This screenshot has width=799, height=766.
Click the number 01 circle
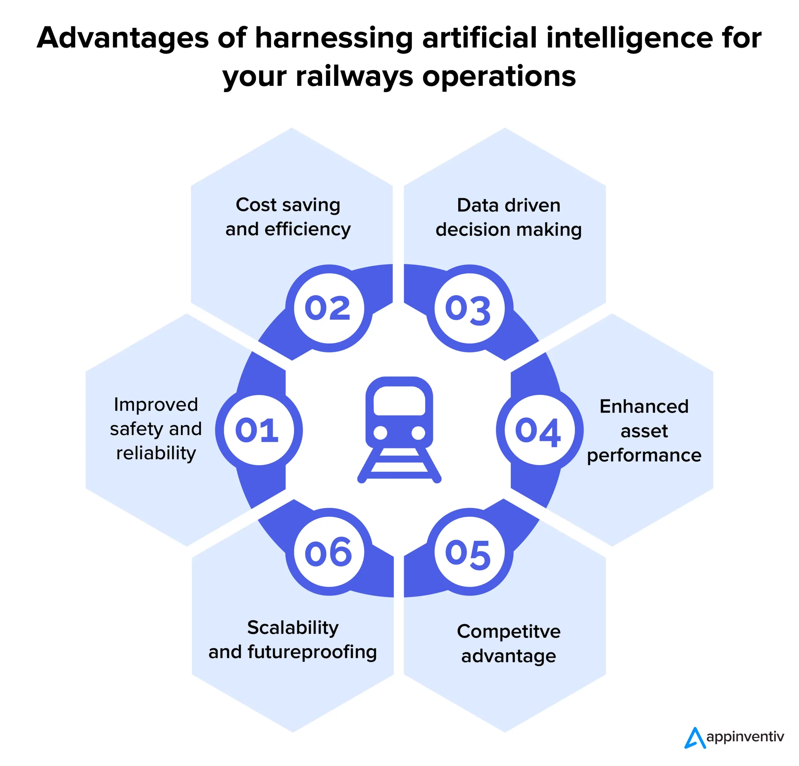[x=258, y=430]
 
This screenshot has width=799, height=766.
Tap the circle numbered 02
[x=329, y=308]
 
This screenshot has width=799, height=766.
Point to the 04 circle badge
[x=539, y=430]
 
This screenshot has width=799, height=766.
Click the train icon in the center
[x=399, y=429]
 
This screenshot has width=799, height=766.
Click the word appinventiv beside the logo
[x=745, y=737]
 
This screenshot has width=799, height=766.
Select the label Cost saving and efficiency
[x=288, y=217]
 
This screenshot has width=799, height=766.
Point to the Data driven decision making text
[x=508, y=217]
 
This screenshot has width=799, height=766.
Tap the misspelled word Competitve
[x=508, y=631]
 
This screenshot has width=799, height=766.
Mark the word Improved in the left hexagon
[x=156, y=405]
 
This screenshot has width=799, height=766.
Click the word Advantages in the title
[x=122, y=38]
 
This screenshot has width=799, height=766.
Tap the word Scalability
[x=293, y=627]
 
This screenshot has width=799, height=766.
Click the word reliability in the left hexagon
[x=156, y=453]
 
